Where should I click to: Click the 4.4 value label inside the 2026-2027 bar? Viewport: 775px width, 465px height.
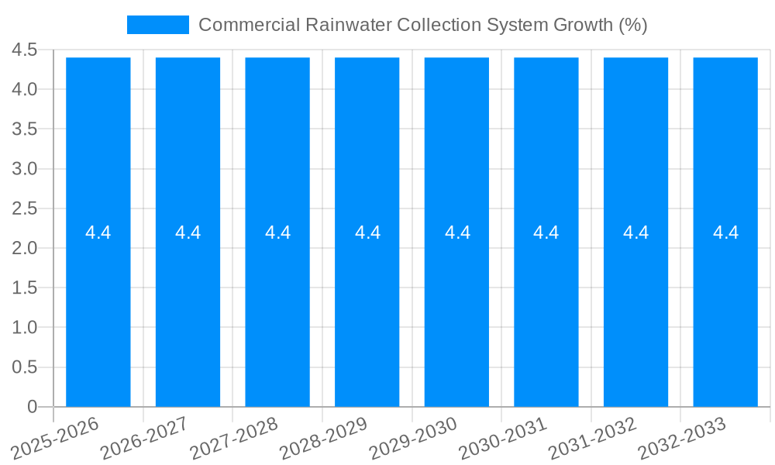[188, 232]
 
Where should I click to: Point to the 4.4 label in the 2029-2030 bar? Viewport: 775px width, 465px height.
[457, 232]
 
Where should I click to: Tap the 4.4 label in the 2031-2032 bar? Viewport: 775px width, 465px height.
[636, 232]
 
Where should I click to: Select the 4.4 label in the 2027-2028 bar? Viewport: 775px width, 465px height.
[277, 232]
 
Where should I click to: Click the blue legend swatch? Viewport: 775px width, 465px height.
[158, 25]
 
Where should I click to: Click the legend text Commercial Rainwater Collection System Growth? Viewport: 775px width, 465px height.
[422, 25]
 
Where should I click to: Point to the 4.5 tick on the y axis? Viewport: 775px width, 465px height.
[25, 50]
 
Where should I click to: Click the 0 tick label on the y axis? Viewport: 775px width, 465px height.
[32, 407]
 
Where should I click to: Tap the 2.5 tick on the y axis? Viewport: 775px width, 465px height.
[25, 208]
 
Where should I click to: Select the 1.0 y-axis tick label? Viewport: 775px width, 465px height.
[25, 328]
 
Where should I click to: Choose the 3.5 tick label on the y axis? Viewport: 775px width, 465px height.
[25, 129]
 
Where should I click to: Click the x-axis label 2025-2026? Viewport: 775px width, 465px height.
[57, 439]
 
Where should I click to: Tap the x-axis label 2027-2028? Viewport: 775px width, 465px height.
[235, 439]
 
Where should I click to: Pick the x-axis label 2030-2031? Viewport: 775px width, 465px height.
[504, 439]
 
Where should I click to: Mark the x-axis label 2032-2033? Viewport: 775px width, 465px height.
[683, 439]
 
